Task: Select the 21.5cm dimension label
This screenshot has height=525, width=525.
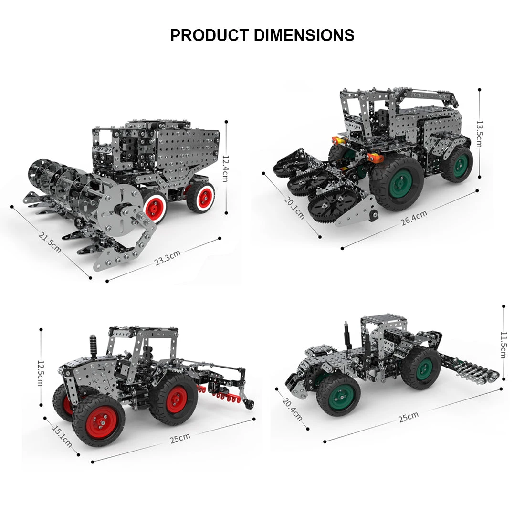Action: coord(50,242)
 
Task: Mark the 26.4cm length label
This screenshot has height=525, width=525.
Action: coord(413,217)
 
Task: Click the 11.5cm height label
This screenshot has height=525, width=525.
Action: coord(503,345)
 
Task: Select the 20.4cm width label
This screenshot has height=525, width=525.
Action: coord(293,409)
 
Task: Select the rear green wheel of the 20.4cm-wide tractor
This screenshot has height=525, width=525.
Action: coord(421,368)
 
